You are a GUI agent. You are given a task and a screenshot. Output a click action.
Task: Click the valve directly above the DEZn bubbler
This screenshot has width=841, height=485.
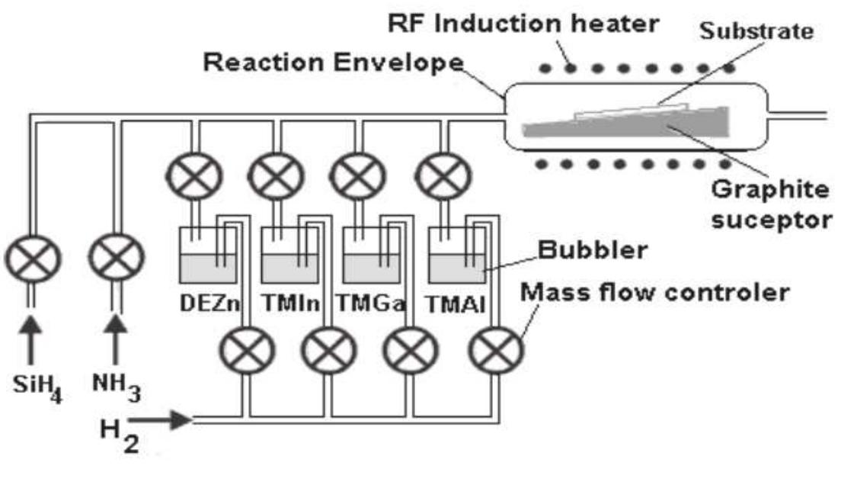(x=196, y=176)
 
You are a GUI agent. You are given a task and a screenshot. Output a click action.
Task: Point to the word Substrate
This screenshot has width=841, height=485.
(x=756, y=31)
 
